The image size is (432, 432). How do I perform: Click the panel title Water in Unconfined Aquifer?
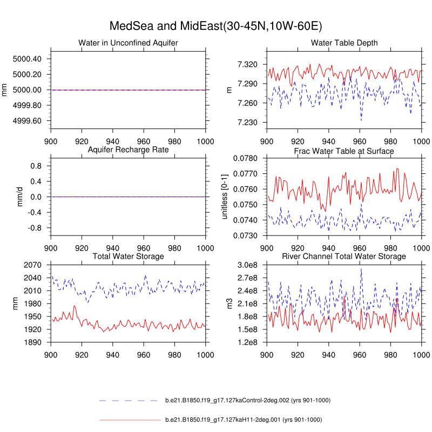pos(128,43)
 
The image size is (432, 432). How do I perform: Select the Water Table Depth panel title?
pos(344,43)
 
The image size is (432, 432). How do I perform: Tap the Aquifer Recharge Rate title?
pos(128,150)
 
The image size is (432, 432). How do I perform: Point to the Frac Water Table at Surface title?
pos(344,151)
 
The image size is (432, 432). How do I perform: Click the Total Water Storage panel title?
pos(128,256)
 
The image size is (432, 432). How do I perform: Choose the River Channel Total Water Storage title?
pos(344,256)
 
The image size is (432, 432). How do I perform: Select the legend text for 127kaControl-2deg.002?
pos(248,400)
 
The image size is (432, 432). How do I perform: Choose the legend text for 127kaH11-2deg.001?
pos(244,420)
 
